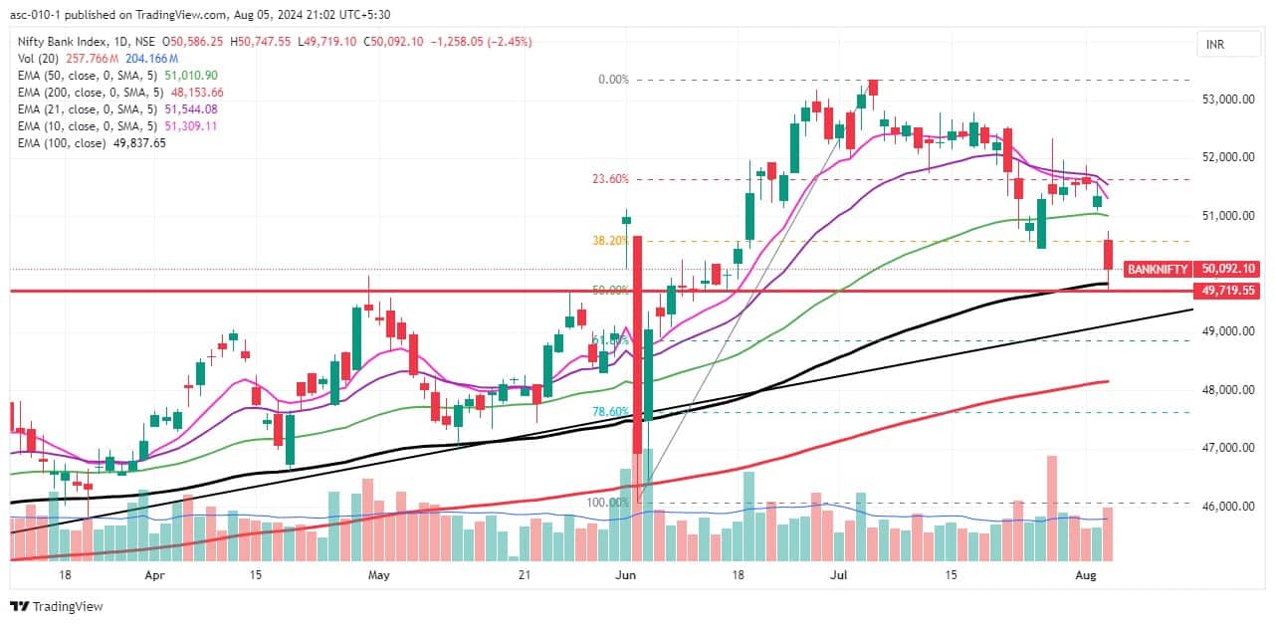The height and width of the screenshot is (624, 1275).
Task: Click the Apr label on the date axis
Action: click(154, 575)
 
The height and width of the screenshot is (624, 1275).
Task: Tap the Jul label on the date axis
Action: click(840, 575)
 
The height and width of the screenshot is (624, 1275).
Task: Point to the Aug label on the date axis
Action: click(1087, 575)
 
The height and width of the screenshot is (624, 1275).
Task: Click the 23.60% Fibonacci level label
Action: click(610, 179)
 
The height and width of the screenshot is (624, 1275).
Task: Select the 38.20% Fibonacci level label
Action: click(610, 240)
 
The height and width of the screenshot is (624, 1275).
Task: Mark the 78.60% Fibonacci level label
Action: click(610, 411)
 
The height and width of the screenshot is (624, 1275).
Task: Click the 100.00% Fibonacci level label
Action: click(607, 503)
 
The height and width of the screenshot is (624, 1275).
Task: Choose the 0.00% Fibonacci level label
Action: click(613, 80)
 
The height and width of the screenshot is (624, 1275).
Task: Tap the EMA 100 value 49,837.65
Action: click(138, 142)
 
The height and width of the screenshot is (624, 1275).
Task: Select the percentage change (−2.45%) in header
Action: click(507, 41)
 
